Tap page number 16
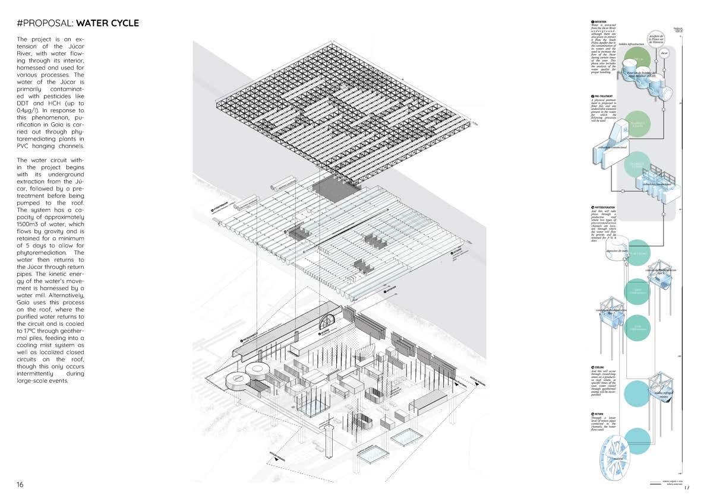(20, 485)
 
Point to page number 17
(687, 487)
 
